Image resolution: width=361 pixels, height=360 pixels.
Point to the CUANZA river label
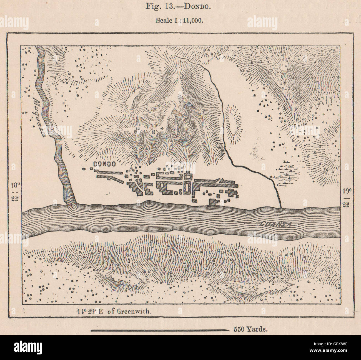coord(276,225)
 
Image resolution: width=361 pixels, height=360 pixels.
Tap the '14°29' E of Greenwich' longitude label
coord(115,311)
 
